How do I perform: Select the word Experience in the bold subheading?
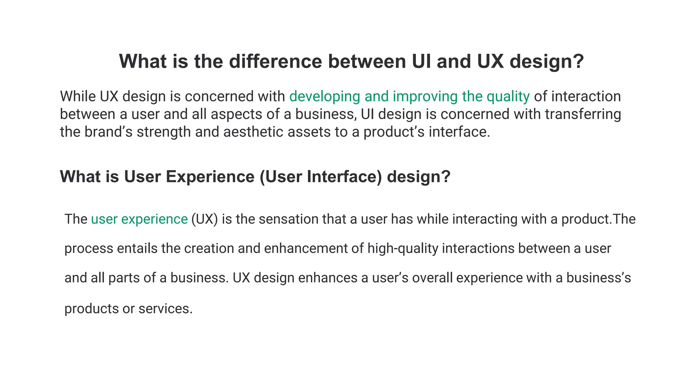click(210, 177)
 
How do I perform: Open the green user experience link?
click(139, 219)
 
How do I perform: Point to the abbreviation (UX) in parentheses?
click(205, 219)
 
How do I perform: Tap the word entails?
click(137, 249)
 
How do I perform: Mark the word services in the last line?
click(165, 309)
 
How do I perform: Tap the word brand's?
click(108, 132)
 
